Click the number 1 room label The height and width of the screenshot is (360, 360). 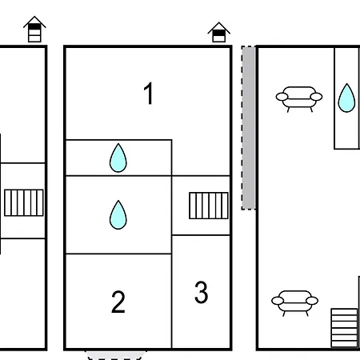click(x=148, y=93)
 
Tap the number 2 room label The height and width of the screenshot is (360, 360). click(x=118, y=302)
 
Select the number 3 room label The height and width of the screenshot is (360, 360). click(x=202, y=292)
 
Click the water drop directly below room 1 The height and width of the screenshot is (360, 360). click(x=118, y=158)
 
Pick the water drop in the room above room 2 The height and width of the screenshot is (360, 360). click(x=118, y=215)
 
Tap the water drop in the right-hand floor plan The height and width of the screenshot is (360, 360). click(x=346, y=98)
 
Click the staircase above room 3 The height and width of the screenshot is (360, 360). click(x=209, y=206)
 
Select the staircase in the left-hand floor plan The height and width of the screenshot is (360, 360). click(x=24, y=202)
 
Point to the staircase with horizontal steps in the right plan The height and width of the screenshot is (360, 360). click(x=344, y=328)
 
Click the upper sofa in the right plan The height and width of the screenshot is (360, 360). click(x=299, y=99)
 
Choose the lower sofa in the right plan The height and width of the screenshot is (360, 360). click(x=294, y=303)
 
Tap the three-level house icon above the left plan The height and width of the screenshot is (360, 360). click(x=34, y=30)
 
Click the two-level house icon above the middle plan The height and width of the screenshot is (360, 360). click(x=219, y=32)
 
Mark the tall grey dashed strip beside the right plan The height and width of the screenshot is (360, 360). click(x=249, y=128)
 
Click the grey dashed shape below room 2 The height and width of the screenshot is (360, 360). click(x=114, y=355)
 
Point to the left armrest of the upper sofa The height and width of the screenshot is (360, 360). click(x=282, y=97)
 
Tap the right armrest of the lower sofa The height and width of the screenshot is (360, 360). click(x=312, y=301)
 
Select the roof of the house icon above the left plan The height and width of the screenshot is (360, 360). click(x=34, y=22)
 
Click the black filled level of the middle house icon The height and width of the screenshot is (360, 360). click(x=219, y=33)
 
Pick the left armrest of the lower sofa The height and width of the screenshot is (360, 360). click(x=278, y=301)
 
